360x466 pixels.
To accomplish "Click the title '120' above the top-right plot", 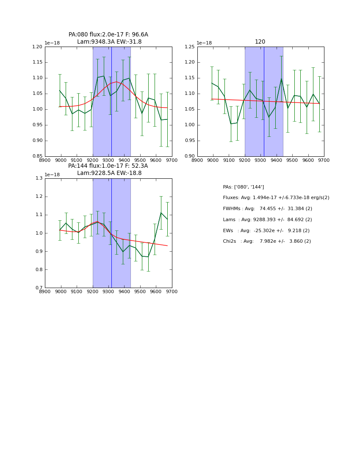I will click(260, 42).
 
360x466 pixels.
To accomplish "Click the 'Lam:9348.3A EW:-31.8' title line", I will click(109, 42).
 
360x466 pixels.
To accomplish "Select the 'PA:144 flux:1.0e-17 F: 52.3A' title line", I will click(108, 166).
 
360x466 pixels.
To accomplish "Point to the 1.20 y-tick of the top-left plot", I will click(37, 47).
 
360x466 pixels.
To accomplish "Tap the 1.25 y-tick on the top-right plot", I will click(189, 47).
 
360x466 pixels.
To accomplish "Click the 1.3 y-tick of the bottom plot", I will click(39, 178).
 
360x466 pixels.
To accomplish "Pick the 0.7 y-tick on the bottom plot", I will click(39, 288).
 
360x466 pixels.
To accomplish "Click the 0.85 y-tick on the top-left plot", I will click(37, 156).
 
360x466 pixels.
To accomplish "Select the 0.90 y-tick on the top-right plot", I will click(189, 156).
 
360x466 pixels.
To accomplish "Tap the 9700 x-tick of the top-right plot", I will click(324, 160).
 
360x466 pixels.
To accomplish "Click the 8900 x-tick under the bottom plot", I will click(45, 291).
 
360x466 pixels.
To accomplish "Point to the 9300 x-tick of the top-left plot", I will click(108, 160).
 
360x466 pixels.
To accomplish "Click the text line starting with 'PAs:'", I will click(244, 187).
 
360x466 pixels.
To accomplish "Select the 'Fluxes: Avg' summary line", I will click(276, 198).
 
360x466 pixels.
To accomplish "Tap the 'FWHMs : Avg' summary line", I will click(267, 209).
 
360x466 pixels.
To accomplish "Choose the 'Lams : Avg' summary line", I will click(267, 220).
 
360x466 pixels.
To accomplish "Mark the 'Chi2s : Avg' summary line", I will click(267, 241).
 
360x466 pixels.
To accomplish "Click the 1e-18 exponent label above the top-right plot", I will click(205, 43).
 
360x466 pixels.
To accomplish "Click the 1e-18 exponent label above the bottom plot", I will click(52, 175).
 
